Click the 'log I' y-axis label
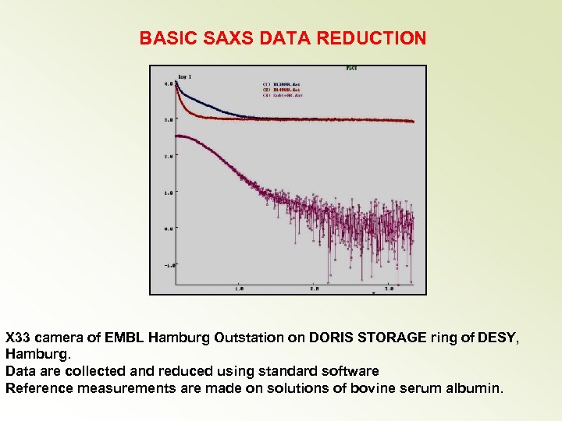[x=185, y=76]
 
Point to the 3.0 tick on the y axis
[x=168, y=120]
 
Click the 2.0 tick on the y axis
[x=168, y=157]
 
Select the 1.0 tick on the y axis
[x=168, y=193]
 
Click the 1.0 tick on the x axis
[x=239, y=288]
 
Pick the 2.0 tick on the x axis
[x=314, y=288]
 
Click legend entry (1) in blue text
[x=281, y=83]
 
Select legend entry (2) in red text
[x=281, y=89]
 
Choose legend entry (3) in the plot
[x=281, y=95]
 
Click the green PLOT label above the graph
[x=353, y=69]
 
